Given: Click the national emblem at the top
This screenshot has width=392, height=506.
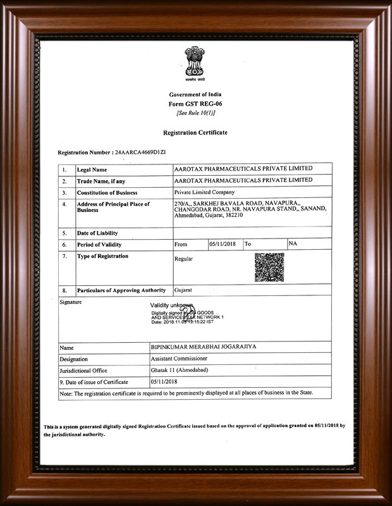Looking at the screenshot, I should (x=195, y=63).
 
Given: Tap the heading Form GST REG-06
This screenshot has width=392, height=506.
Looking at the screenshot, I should (x=195, y=103).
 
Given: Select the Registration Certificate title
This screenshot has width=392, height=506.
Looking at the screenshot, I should (x=195, y=133).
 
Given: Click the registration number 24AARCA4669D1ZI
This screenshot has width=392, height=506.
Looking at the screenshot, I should (x=138, y=153).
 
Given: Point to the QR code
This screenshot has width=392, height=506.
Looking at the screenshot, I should (x=269, y=267).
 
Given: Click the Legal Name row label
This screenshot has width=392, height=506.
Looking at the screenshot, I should (x=92, y=170).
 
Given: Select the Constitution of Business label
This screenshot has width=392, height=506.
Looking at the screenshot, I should (x=107, y=192).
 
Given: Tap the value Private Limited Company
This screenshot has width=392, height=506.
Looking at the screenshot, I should (x=204, y=192).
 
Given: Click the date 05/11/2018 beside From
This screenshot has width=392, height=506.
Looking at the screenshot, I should (x=222, y=244).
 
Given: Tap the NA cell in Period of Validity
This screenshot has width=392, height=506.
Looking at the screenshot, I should (x=293, y=244).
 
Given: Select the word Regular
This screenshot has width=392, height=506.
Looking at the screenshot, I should (x=183, y=259).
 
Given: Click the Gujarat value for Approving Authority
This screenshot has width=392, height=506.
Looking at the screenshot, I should (x=183, y=290).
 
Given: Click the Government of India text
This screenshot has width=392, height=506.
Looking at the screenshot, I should (x=195, y=94).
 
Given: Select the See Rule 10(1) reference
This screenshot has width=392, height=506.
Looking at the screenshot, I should (x=195, y=113).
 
